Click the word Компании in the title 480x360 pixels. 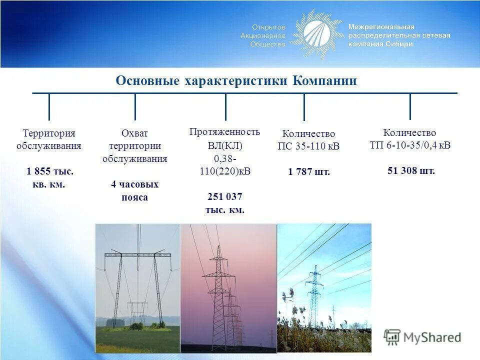[x=324, y=81]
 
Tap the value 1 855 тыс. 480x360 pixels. [x=50, y=171]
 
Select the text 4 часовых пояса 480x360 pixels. [x=134, y=190]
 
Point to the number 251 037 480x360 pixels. [x=225, y=196]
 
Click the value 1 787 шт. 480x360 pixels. [x=309, y=172]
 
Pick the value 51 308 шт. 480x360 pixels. [x=411, y=170]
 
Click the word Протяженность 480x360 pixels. [x=224, y=132]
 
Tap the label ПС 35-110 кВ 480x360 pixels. [x=308, y=146]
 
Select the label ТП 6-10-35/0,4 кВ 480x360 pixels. [x=410, y=145]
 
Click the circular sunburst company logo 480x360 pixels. [x=316, y=34]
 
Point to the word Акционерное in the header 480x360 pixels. [x=262, y=35]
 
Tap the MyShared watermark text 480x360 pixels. [x=432, y=337]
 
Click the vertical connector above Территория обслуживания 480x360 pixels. [x=49, y=106]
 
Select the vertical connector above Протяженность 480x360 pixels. [x=225, y=106]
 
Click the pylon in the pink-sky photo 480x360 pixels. [x=218, y=295]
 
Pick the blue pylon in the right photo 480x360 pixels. [x=314, y=295]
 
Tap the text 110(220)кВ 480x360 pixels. [x=224, y=171]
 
